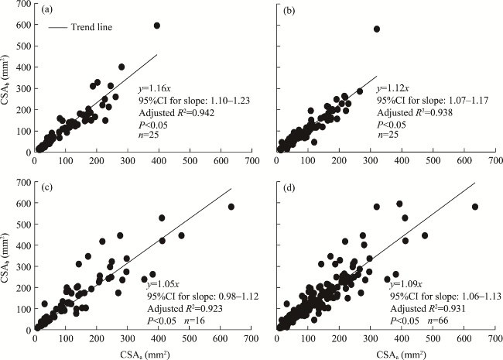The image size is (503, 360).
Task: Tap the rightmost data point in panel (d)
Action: (475, 207)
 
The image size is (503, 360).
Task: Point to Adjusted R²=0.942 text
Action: (182, 113)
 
